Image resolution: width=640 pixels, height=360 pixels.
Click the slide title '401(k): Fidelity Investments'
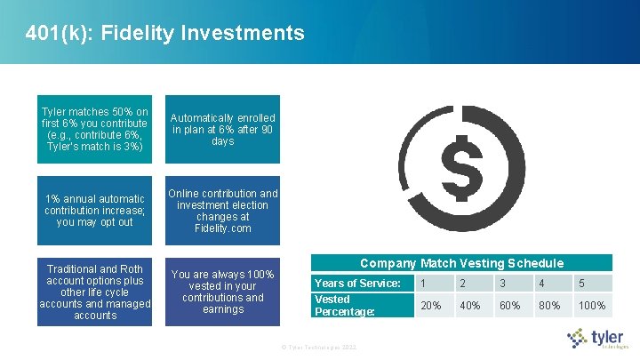click(165, 34)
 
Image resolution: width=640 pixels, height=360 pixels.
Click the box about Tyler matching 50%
click(95, 129)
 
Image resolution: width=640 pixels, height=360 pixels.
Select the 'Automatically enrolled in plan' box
click(223, 129)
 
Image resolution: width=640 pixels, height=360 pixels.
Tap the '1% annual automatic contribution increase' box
click(95, 211)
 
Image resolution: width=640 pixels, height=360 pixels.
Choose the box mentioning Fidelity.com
click(223, 211)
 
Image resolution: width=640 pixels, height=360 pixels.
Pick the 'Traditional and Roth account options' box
click(95, 292)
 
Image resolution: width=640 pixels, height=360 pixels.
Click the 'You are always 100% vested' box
click(223, 292)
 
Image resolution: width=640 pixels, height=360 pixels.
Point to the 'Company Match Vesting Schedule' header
click(461, 263)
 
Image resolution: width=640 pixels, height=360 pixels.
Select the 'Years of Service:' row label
click(356, 283)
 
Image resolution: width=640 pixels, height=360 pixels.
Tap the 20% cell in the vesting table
click(430, 306)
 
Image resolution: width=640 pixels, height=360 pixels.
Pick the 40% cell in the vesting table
click(468, 306)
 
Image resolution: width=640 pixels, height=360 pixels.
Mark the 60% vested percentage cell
click(509, 306)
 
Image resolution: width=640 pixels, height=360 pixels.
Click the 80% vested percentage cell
click(548, 306)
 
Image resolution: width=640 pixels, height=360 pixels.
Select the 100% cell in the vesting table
click(591, 306)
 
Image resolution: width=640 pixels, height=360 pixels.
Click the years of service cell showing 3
click(502, 283)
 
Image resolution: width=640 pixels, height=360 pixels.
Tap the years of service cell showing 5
click(581, 283)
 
